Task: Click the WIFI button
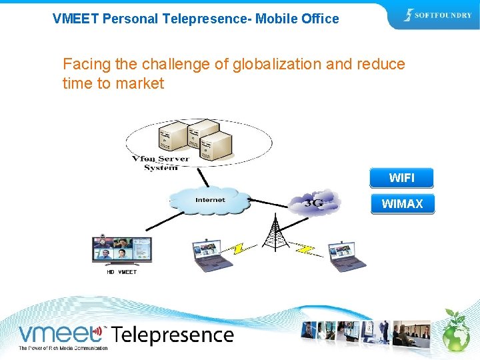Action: click(x=401, y=178)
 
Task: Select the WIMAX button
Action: click(x=402, y=203)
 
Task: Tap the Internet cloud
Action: click(x=210, y=201)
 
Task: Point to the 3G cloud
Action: click(x=313, y=201)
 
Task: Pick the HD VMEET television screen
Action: click(x=121, y=249)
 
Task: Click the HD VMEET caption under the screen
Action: click(x=121, y=272)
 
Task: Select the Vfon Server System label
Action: click(x=160, y=163)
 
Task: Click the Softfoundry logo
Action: click(x=437, y=15)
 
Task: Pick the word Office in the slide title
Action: click(x=319, y=19)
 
